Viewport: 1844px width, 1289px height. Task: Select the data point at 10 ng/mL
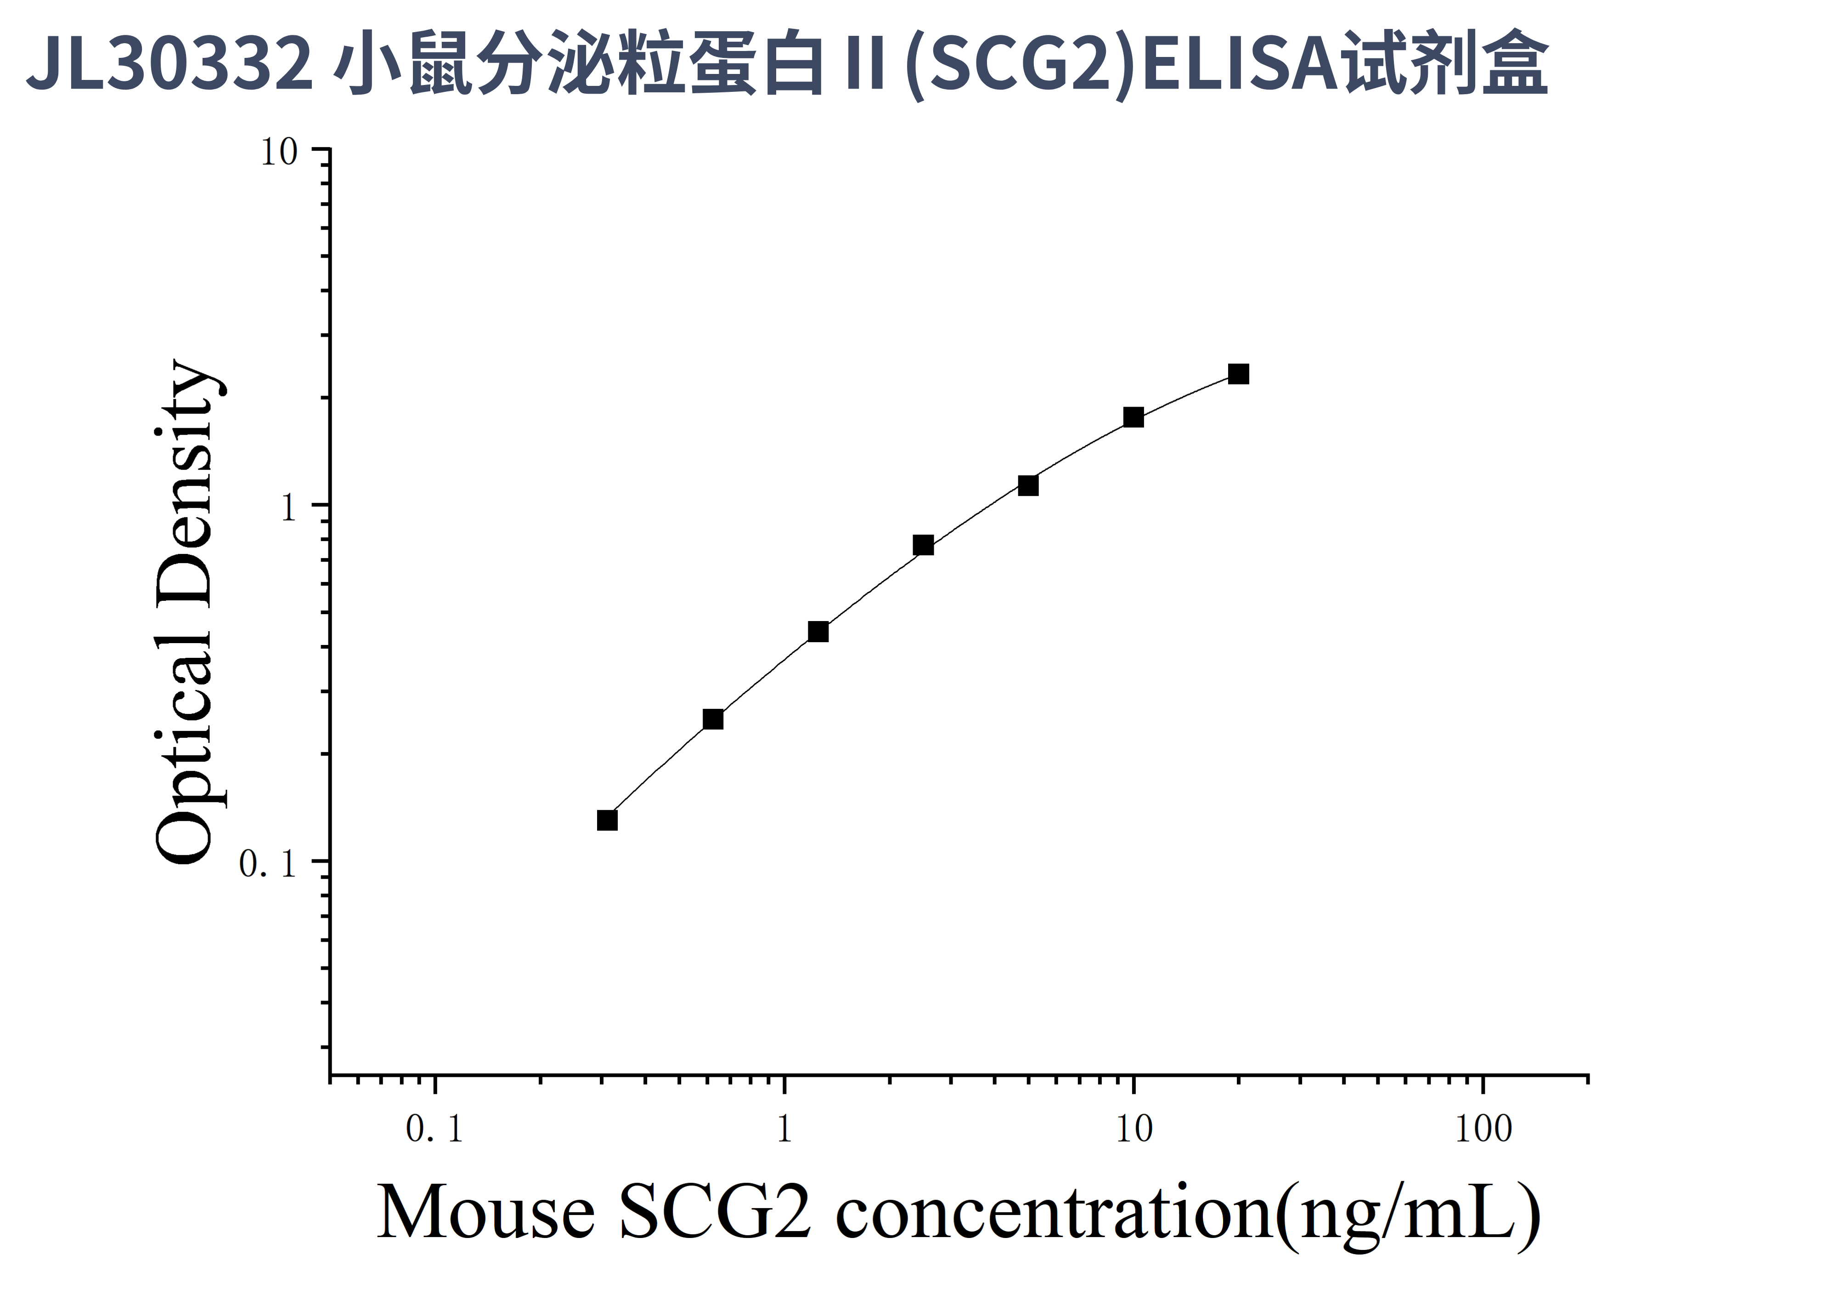[1133, 417]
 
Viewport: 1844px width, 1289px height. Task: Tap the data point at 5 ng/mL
[1028, 485]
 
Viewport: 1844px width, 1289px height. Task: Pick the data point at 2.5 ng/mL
[923, 545]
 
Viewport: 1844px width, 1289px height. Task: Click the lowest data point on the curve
[607, 820]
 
